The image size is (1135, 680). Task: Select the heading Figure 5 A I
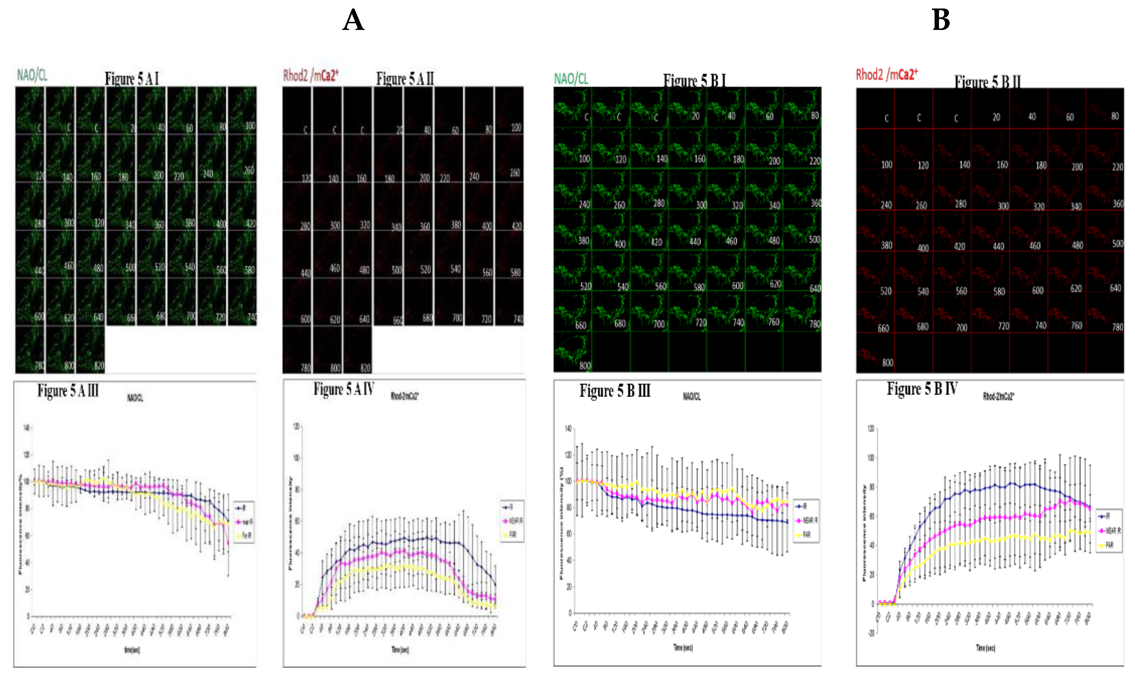[x=132, y=79]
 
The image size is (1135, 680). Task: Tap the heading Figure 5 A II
[x=405, y=79]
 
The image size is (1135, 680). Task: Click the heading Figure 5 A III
[x=68, y=391]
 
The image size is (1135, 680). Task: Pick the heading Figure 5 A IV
[x=344, y=390]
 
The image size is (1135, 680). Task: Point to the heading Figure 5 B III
[x=615, y=391]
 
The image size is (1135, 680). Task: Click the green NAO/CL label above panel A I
[x=32, y=75]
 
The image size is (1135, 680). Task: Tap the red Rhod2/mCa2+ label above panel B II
[x=886, y=74]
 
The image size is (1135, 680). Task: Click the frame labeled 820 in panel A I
[x=91, y=350]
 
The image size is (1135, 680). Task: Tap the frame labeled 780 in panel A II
[x=297, y=350]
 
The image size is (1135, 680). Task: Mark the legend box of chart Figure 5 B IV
[x=1109, y=530]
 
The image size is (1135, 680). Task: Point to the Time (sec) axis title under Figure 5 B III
[x=683, y=647]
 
